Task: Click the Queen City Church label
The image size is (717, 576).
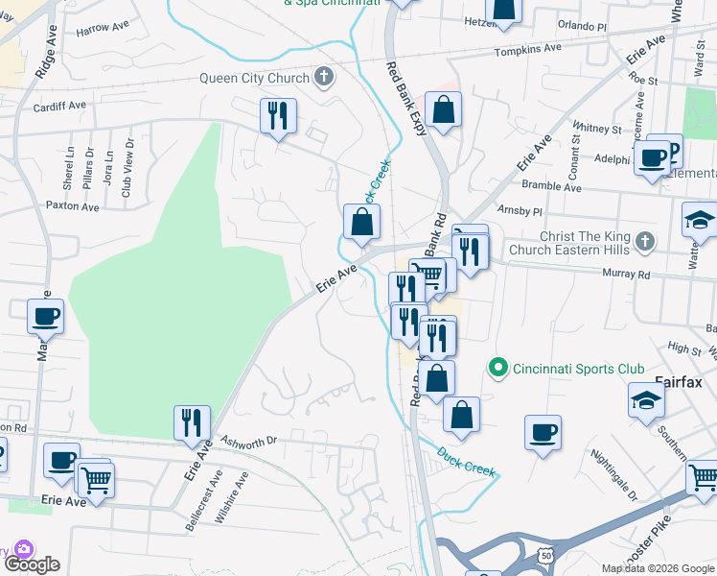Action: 254,79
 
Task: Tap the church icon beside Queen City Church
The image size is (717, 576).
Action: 324,78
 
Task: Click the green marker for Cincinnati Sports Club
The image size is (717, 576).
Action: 497,368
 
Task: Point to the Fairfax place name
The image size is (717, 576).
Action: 679,382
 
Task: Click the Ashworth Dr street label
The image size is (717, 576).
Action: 248,441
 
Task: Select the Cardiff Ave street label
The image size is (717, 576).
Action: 58,106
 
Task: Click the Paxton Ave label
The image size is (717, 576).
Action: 72,206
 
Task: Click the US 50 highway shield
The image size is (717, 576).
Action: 545,556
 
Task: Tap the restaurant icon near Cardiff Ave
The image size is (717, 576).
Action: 278,116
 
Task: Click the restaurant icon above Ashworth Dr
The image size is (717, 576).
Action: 192,421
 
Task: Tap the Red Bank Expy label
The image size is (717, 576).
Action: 406,99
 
